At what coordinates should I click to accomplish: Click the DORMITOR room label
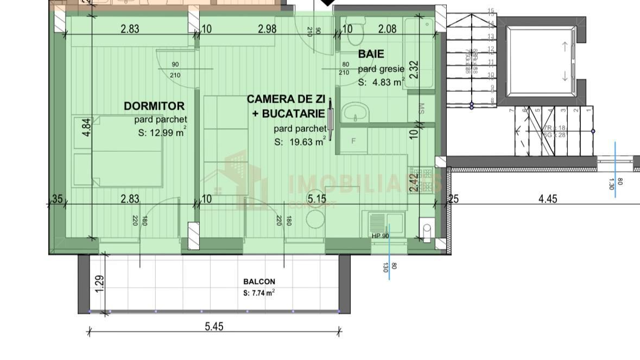(x=154, y=106)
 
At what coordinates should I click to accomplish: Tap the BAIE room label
(x=371, y=54)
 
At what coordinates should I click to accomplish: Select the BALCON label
(x=259, y=282)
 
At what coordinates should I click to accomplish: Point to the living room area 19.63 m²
(x=300, y=142)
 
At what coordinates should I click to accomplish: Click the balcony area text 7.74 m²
(x=259, y=293)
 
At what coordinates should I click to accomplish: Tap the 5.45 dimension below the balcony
(x=213, y=326)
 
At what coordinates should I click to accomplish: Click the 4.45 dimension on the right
(x=547, y=199)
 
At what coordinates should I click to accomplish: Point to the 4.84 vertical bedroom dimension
(x=86, y=127)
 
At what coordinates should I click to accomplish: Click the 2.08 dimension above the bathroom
(x=386, y=29)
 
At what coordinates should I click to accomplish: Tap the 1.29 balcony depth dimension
(x=99, y=283)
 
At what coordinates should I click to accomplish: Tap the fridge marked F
(x=353, y=141)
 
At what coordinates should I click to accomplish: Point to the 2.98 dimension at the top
(x=267, y=29)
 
